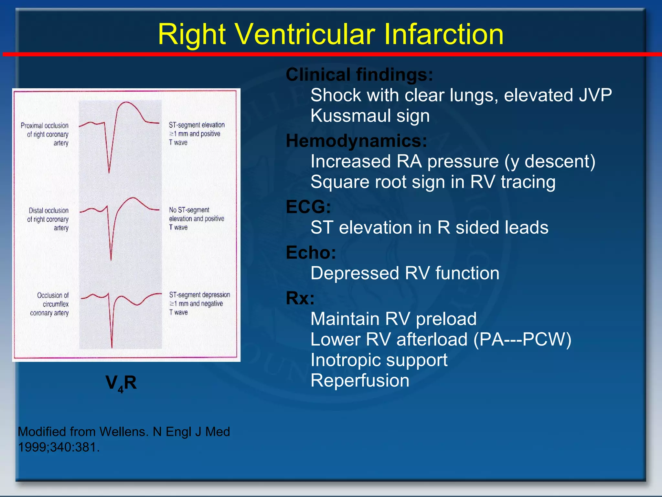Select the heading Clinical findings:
click(359, 74)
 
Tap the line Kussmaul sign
click(370, 116)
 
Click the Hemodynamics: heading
click(356, 141)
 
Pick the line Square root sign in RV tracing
click(433, 182)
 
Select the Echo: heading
click(311, 252)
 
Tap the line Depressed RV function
click(405, 273)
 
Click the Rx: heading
click(300, 298)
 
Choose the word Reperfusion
click(360, 381)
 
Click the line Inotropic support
click(379, 360)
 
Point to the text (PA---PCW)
click(522, 339)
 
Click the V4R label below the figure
click(121, 383)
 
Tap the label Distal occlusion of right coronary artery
click(48, 219)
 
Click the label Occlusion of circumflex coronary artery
click(50, 304)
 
